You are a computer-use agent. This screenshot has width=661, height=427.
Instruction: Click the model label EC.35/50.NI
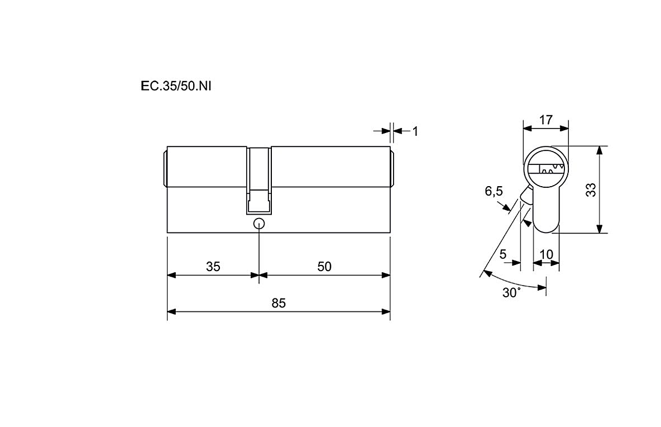pyautogui.click(x=176, y=86)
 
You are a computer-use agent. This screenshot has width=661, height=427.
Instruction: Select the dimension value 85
pyautogui.click(x=279, y=303)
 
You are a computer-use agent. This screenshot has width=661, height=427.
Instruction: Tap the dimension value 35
pyautogui.click(x=213, y=266)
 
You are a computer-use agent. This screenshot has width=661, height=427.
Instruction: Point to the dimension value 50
pyautogui.click(x=324, y=266)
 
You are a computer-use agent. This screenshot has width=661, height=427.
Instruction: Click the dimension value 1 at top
pyautogui.click(x=415, y=132)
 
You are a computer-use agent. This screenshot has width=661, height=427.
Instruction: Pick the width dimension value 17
pyautogui.click(x=546, y=120)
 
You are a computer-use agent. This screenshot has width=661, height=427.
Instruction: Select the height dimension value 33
pyautogui.click(x=591, y=189)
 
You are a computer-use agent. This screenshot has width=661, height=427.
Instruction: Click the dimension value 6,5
pyautogui.click(x=494, y=191)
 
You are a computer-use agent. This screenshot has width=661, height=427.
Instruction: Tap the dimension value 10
pyautogui.click(x=547, y=254)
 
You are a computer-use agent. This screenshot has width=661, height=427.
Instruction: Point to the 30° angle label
pyautogui.click(x=511, y=292)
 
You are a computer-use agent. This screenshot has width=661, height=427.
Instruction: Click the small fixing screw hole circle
pyautogui.click(x=259, y=224)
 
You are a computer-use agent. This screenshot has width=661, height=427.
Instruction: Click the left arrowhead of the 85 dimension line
pyautogui.click(x=171, y=312)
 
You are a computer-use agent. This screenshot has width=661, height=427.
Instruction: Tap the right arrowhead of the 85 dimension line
pyautogui.click(x=386, y=312)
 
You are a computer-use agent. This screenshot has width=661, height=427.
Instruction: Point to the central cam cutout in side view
pyautogui.click(x=259, y=181)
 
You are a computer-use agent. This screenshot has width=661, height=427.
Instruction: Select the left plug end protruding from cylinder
pyautogui.click(x=165, y=169)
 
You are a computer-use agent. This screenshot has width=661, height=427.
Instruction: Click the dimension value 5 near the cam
pyautogui.click(x=503, y=254)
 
